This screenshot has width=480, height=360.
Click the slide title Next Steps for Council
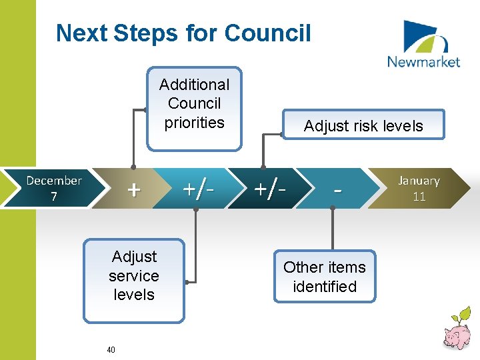[183, 33]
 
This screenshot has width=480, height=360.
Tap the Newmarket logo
[423, 45]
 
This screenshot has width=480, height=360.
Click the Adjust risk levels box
[363, 125]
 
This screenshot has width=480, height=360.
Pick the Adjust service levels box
[134, 280]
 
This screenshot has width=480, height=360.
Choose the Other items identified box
[325, 276]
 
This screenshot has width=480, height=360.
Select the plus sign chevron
[134, 189]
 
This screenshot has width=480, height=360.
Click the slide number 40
[111, 349]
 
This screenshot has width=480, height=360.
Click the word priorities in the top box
[194, 123]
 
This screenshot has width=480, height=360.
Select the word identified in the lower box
[325, 287]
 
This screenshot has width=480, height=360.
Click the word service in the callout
[134, 275]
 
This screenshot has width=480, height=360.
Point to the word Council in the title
[268, 33]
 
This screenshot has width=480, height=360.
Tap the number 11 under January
[419, 197]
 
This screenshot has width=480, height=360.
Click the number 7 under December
[54, 197]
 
